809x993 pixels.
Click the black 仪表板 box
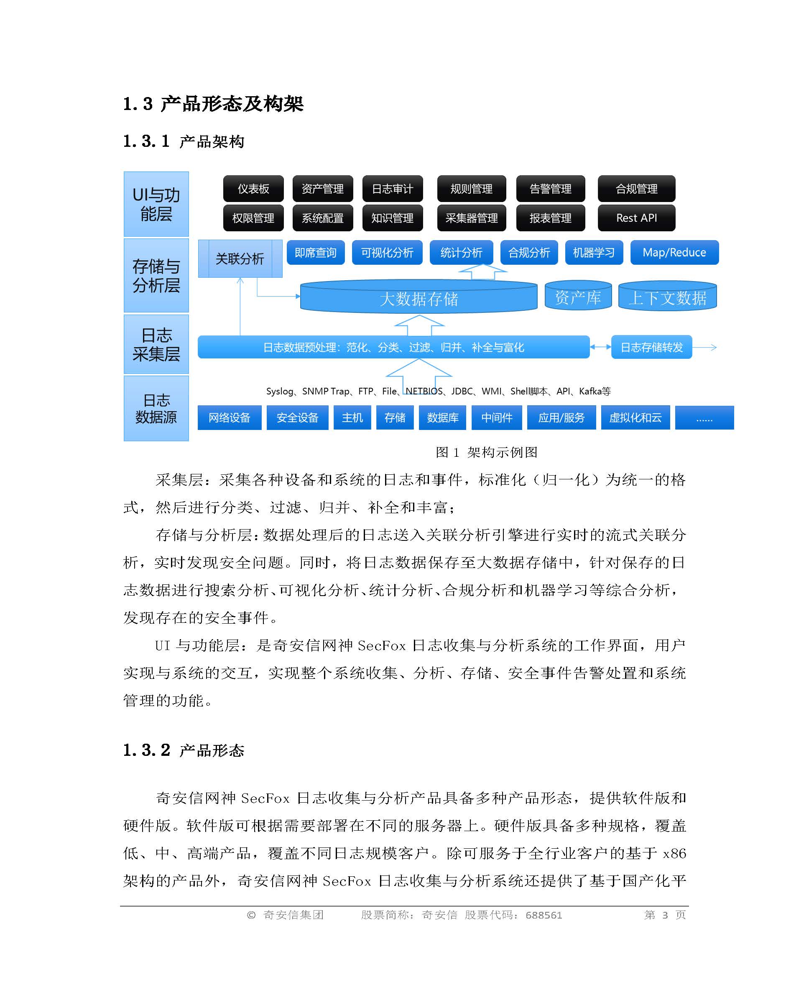pyautogui.click(x=253, y=189)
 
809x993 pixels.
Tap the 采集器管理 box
pyautogui.click(x=471, y=218)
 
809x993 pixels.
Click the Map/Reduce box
pyautogui.click(x=674, y=253)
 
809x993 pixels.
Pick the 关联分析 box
pyautogui.click(x=240, y=259)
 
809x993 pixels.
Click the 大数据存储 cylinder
pyautogui.click(x=419, y=298)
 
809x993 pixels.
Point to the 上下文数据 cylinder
pyautogui.click(x=667, y=297)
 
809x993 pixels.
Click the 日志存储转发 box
pyautogui.click(x=651, y=347)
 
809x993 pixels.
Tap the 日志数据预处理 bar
pyautogui.click(x=393, y=347)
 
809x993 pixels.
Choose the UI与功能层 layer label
pyautogui.click(x=156, y=204)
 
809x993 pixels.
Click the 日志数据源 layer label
pyautogui.click(x=156, y=408)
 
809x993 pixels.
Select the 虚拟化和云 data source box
pyautogui.click(x=635, y=418)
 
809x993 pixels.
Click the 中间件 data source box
pyautogui.click(x=497, y=418)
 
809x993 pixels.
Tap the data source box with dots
pyautogui.click(x=704, y=418)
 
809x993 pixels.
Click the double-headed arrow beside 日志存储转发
pyautogui.click(x=600, y=347)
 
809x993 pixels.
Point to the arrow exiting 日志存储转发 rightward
pyautogui.click(x=705, y=347)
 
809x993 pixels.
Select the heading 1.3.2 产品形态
pyautogui.click(x=184, y=750)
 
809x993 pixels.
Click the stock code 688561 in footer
pyautogui.click(x=544, y=915)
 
